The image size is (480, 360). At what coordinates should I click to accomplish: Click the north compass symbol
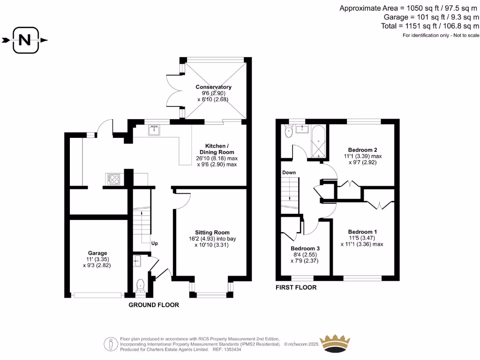coord(25,40)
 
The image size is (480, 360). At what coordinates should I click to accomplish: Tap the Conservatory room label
coord(213,87)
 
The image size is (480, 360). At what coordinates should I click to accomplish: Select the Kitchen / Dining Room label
coord(217,149)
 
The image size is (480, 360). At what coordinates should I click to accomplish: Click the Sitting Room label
coord(212,232)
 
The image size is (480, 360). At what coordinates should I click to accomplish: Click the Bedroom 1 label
coord(362,232)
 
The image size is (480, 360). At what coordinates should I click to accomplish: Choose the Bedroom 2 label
coord(362,150)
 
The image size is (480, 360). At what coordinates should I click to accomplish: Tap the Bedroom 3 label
coord(305,248)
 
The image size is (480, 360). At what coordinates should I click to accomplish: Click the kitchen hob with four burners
coord(114,178)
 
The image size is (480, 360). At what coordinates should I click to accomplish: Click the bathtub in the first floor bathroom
coord(319,141)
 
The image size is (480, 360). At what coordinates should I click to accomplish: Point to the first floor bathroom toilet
coord(288,133)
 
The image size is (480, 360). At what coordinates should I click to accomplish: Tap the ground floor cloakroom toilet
coord(140,285)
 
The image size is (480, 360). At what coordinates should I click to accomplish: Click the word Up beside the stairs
coord(154,244)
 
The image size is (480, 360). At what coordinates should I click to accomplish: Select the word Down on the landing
coord(289,172)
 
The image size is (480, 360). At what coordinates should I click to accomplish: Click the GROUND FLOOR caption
coord(154,305)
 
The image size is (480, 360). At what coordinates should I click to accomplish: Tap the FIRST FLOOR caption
coord(296,287)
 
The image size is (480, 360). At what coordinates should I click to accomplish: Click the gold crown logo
coord(335,344)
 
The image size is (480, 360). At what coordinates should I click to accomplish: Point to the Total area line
coord(431,26)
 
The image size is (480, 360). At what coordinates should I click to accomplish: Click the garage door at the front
coord(97,295)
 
